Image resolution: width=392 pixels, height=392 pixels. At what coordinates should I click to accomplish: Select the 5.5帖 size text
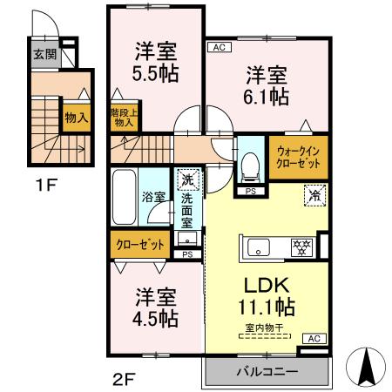(157, 73)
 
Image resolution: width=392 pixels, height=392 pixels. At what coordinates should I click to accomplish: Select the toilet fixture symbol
(250, 164)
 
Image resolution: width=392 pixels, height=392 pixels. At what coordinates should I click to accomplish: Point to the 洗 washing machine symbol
(186, 179)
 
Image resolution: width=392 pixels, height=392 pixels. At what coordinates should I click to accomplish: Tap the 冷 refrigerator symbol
(313, 198)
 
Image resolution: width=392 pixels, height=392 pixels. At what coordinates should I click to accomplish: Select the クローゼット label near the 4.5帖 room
(140, 245)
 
